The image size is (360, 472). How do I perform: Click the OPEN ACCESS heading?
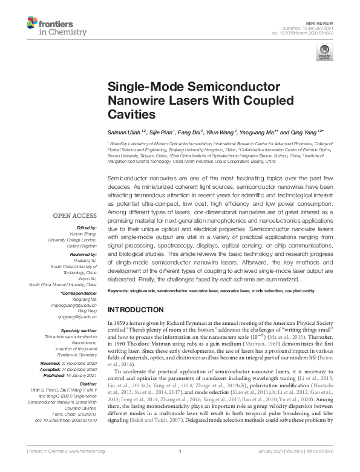tap(75, 215)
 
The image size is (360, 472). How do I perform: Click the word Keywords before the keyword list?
tap(119, 291)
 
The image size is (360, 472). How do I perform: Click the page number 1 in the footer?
tap(180, 468)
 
